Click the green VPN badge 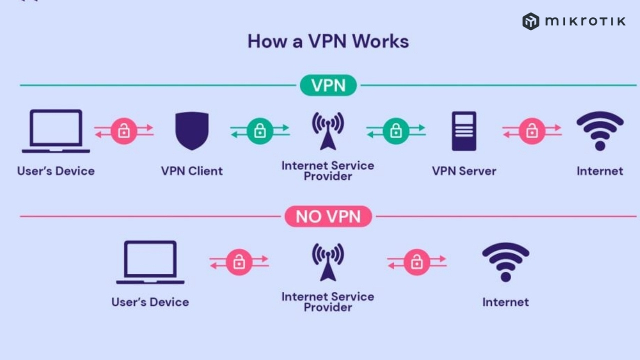328,85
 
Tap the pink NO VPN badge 328,216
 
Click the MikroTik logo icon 530,21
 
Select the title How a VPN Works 328,41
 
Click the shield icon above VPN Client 191,131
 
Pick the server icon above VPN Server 464,131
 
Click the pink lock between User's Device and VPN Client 124,131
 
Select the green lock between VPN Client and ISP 259,131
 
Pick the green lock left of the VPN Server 396,131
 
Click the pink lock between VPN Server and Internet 531,131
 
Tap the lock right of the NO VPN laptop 239,262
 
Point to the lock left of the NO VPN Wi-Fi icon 417,262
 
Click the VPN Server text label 464,171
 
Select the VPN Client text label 191,171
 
